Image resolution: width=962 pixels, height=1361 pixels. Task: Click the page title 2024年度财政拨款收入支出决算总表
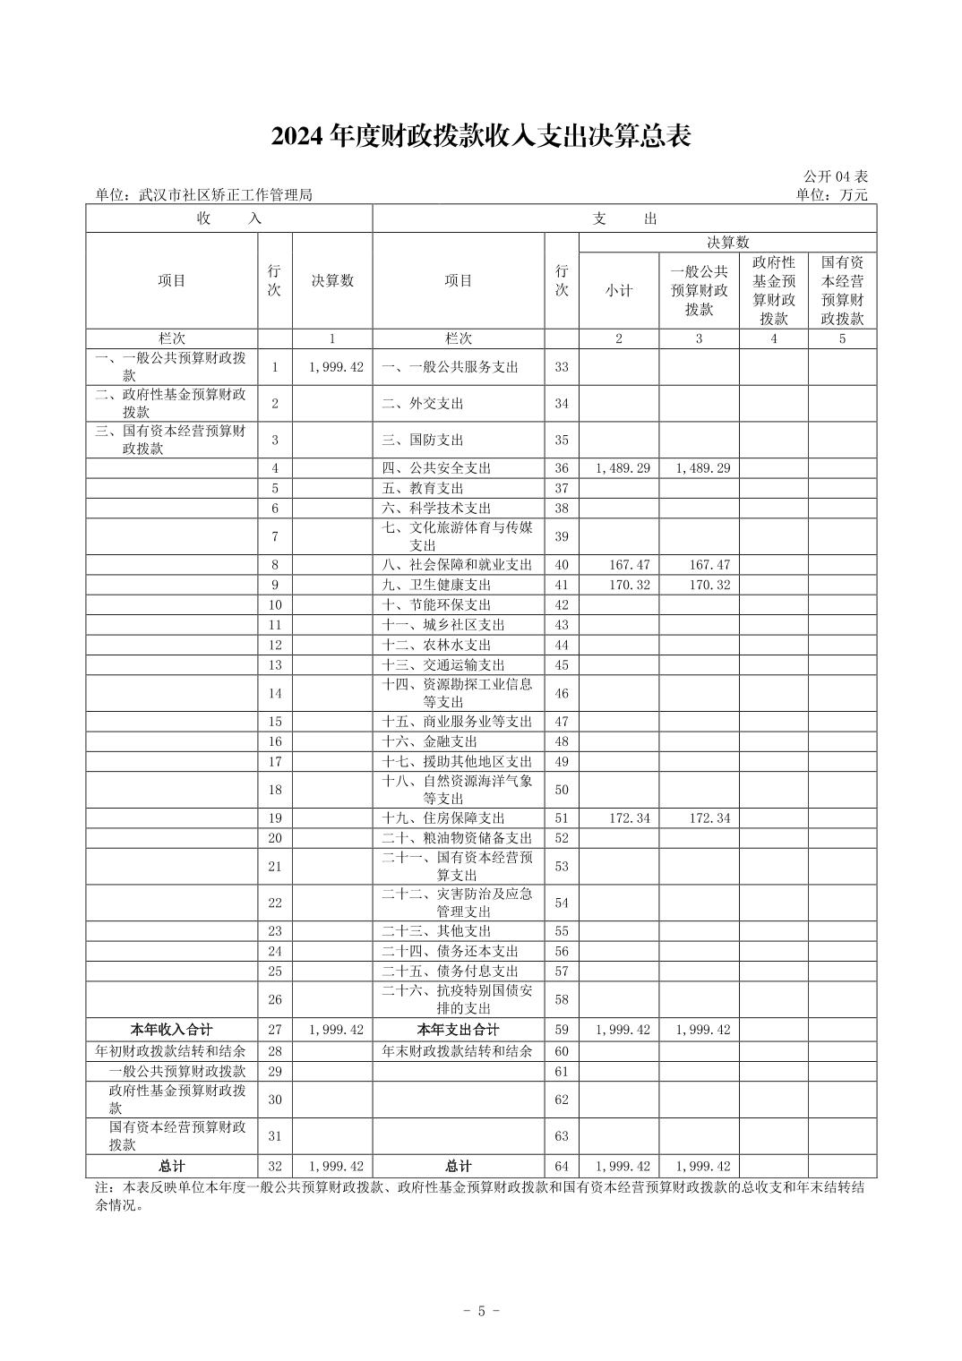[x=481, y=136]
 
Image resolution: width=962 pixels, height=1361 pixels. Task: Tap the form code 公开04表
[x=836, y=177]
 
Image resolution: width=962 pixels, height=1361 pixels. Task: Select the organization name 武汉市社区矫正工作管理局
[x=225, y=195]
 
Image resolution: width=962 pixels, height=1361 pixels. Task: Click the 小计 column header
[x=619, y=290]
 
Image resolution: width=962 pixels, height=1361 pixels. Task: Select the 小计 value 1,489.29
[x=623, y=468]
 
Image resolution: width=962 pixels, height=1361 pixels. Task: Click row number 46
[x=562, y=693]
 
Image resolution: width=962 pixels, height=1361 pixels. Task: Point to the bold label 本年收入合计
[x=172, y=1030]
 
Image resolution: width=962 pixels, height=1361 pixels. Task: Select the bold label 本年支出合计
[x=458, y=1030]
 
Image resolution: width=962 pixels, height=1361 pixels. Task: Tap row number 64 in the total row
[x=562, y=1166]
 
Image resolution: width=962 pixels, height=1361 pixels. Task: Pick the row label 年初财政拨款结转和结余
[x=171, y=1051]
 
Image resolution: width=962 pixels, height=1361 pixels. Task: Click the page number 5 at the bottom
[x=481, y=1311]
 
